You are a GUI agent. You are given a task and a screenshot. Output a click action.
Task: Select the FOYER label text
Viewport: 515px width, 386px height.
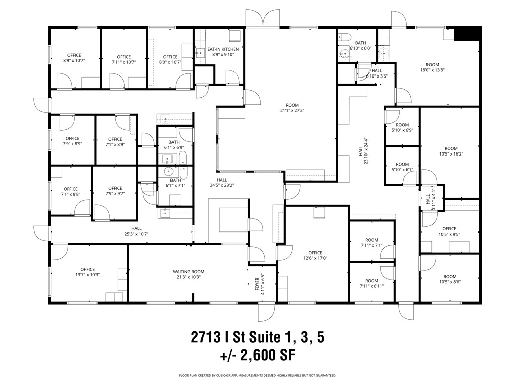pyautogui.click(x=257, y=284)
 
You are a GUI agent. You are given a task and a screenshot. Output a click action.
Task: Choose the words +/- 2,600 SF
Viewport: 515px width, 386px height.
pyautogui.click(x=257, y=355)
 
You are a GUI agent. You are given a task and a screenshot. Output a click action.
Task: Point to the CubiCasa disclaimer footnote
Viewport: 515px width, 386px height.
pyautogui.click(x=257, y=376)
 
